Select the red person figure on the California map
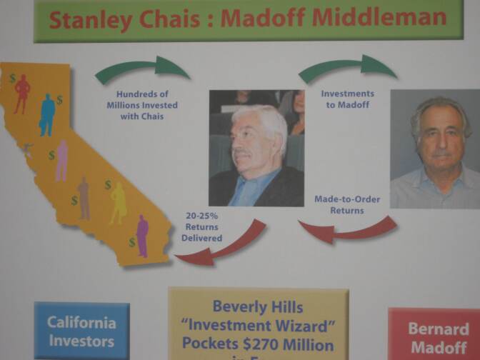coord(22,93)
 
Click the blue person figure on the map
coord(47,114)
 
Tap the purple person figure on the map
coord(142,236)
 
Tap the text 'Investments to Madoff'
coord(347,99)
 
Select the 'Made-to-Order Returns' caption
coord(347,204)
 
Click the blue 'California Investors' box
coord(82,331)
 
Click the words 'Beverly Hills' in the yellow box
coord(258,307)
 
